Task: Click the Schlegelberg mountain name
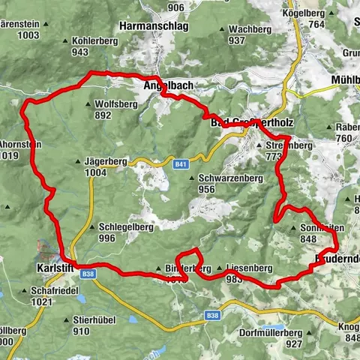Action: pyautogui.click(x=116, y=227)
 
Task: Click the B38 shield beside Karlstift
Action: pyautogui.click(x=88, y=274)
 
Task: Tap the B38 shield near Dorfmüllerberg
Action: pyautogui.click(x=212, y=316)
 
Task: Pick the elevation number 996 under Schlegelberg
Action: pyautogui.click(x=106, y=238)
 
